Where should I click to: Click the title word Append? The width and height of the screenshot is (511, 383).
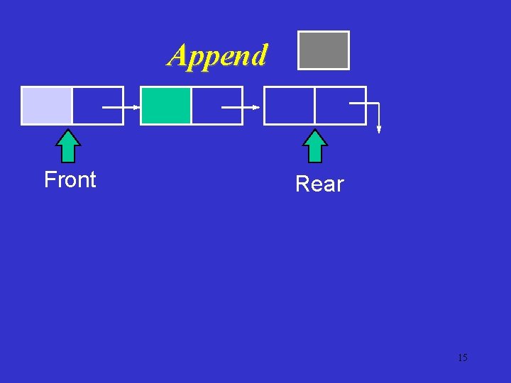click(x=218, y=55)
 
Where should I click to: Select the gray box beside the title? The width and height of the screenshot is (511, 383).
click(x=324, y=50)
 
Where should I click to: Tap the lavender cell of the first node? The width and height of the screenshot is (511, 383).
click(x=47, y=105)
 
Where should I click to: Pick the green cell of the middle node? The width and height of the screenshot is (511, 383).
click(x=166, y=105)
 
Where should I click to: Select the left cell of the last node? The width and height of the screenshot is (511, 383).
click(x=290, y=105)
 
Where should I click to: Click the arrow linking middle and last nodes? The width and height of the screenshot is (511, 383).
click(x=241, y=108)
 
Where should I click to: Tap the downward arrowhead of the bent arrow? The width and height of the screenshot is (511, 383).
click(x=379, y=130)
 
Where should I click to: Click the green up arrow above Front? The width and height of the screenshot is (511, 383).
click(x=68, y=146)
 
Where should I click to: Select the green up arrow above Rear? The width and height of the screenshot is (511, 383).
click(x=315, y=146)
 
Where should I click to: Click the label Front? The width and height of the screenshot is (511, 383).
click(x=70, y=180)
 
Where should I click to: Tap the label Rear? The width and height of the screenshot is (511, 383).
click(x=319, y=184)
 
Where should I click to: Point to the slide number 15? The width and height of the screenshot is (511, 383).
click(x=462, y=357)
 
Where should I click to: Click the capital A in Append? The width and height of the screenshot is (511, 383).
click(x=178, y=55)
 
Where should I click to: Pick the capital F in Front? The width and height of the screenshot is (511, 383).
click(x=50, y=180)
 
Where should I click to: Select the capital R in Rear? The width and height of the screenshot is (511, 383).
click(x=302, y=184)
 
